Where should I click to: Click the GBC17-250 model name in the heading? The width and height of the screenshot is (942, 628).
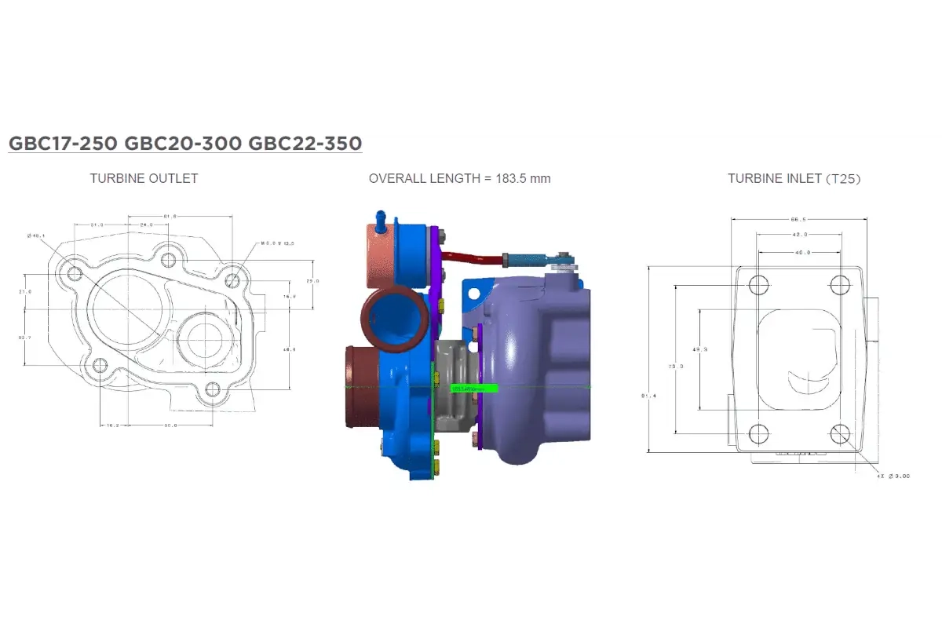pos(59,144)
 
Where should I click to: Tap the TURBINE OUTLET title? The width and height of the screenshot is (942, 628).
pos(144,178)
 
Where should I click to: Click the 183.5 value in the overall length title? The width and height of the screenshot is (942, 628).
pos(507,178)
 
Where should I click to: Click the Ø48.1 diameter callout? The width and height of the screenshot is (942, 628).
pos(36,235)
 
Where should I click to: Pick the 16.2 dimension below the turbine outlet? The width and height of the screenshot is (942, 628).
pos(111,425)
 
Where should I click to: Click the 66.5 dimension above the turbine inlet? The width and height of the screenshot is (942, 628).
pos(798,220)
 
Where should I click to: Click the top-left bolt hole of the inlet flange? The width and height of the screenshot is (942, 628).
pos(758,285)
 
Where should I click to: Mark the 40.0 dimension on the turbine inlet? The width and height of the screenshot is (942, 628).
pos(798,253)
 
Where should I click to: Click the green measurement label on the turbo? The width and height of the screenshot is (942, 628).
pos(475,388)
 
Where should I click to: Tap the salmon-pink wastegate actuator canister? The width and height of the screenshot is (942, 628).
pos(382,253)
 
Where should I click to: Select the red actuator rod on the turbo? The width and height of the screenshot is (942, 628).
pos(471,257)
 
